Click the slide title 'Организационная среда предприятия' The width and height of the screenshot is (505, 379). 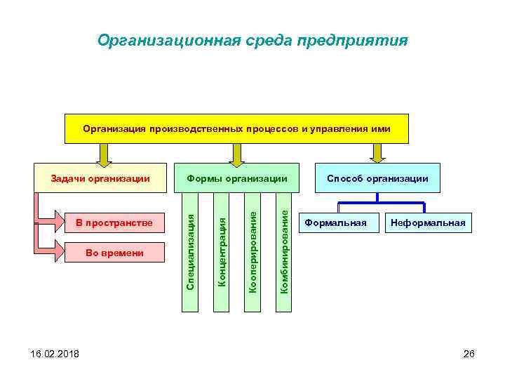(x=252, y=40)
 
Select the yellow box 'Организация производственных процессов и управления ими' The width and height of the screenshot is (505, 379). (x=236, y=129)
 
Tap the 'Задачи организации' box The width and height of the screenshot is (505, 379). (x=101, y=178)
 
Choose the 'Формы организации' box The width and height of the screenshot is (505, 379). (x=237, y=178)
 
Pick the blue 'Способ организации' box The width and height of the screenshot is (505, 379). (x=377, y=178)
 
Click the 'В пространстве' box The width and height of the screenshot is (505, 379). (x=114, y=223)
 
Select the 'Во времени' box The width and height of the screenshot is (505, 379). (x=114, y=253)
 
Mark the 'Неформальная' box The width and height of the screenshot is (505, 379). (x=428, y=223)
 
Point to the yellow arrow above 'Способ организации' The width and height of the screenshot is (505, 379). (x=378, y=153)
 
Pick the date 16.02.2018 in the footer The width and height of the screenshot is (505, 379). (x=46, y=354)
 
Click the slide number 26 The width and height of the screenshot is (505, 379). (x=469, y=354)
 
